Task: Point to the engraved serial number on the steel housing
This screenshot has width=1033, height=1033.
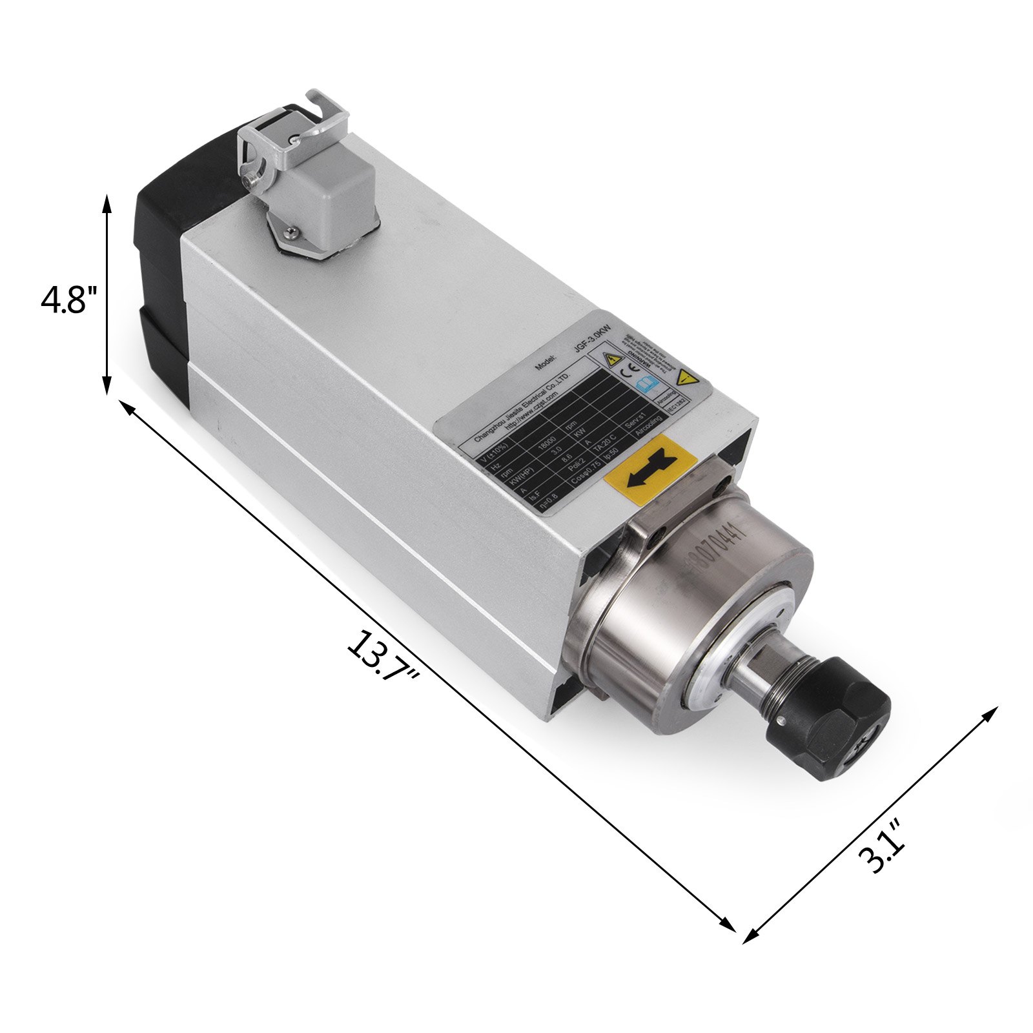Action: tap(717, 546)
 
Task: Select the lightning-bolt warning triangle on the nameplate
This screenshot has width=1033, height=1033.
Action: tap(611, 358)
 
